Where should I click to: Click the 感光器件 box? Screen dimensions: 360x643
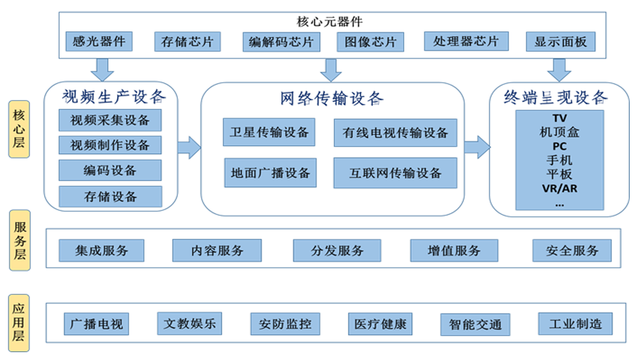(99, 42)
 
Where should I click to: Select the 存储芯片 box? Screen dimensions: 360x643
(187, 42)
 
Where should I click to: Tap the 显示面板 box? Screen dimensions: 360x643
(560, 42)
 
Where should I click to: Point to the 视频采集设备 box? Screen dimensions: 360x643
(110, 120)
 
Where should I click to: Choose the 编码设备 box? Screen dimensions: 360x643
(110, 171)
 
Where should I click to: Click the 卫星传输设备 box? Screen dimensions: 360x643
(269, 132)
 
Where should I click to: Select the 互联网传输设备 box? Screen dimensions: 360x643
(395, 173)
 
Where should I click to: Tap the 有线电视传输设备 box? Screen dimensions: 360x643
(395, 133)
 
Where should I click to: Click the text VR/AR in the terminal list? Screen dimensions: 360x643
(559, 188)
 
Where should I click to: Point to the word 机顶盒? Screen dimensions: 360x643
(559, 132)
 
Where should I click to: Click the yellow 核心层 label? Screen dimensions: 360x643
(19, 129)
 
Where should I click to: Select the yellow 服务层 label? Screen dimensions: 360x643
(19, 239)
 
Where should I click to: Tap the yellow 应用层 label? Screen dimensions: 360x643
(19, 323)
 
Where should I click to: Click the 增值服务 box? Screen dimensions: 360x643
(454, 250)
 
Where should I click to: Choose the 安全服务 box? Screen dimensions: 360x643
(572, 250)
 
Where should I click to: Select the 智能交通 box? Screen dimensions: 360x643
(475, 324)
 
